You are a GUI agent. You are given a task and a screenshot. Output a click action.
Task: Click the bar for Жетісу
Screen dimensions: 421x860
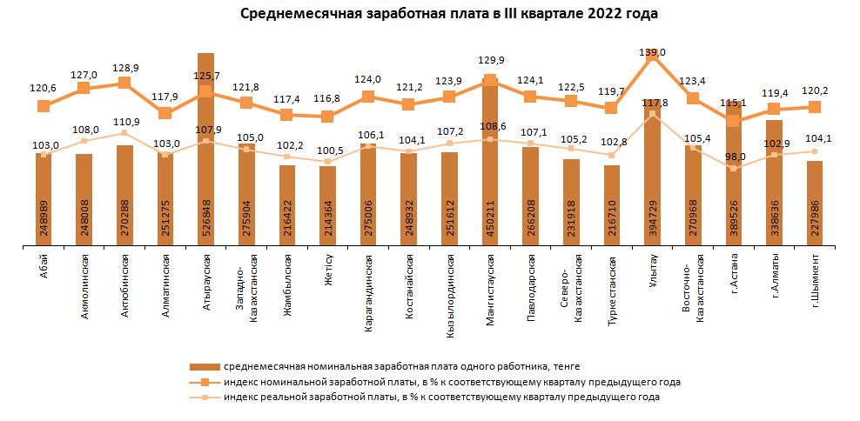327,209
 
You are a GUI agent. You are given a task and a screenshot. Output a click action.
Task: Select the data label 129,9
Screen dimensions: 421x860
490,61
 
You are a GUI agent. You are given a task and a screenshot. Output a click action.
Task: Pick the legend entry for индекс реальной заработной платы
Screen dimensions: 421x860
441,397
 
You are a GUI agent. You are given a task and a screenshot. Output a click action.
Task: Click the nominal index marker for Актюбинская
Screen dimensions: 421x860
124,83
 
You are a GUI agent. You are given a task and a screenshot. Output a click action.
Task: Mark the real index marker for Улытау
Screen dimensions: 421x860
652,114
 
